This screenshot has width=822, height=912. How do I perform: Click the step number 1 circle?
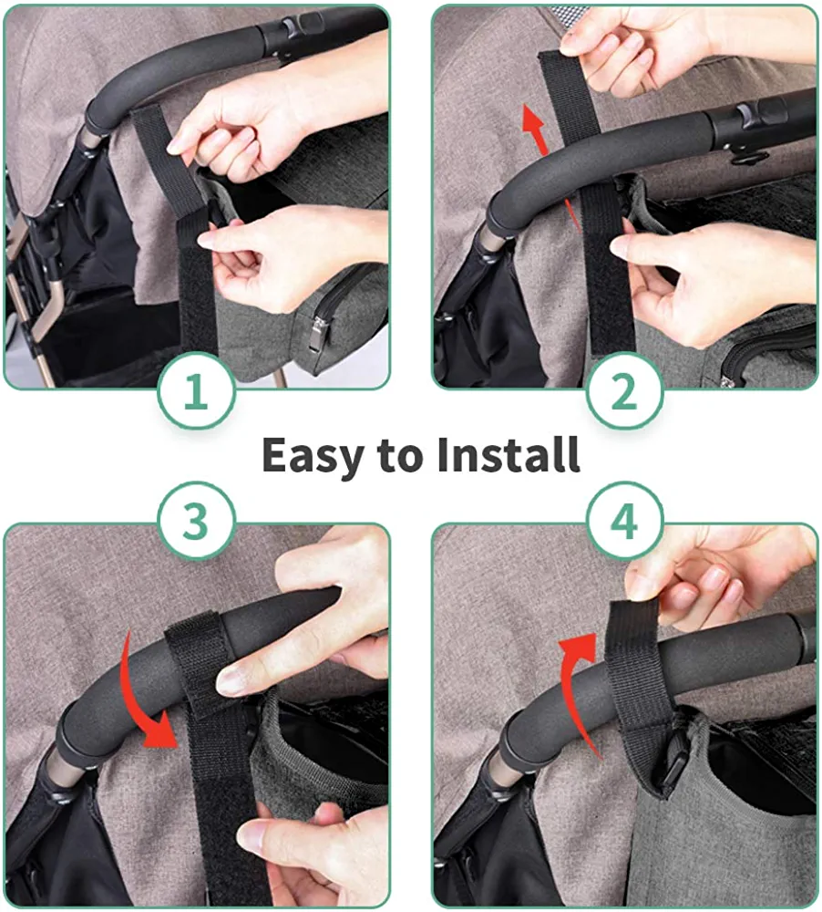coord(197,391)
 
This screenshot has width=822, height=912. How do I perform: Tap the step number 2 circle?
coord(625,391)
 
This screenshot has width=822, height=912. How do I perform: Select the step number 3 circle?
coord(197,520)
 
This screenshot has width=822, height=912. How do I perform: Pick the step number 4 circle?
coord(625,520)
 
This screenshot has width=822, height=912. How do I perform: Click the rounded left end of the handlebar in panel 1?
coord(97,118)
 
